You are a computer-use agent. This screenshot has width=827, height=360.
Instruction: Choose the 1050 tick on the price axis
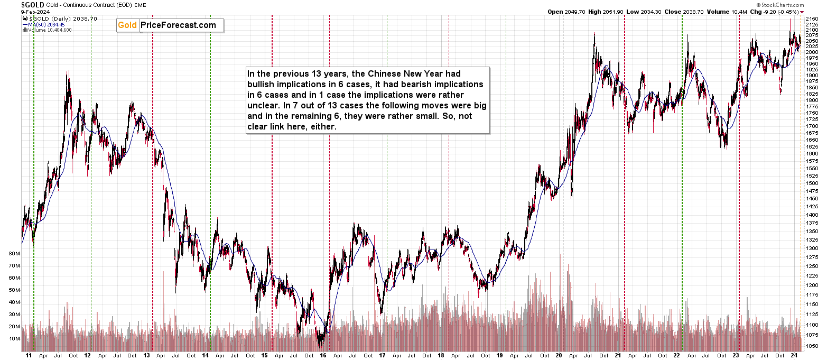tap(813, 346)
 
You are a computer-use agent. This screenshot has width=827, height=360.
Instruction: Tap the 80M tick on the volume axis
tap(14, 253)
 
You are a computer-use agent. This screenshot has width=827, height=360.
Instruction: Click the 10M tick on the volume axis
tap(14, 339)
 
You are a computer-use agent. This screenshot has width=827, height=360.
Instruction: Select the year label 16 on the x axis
tap(323, 356)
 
